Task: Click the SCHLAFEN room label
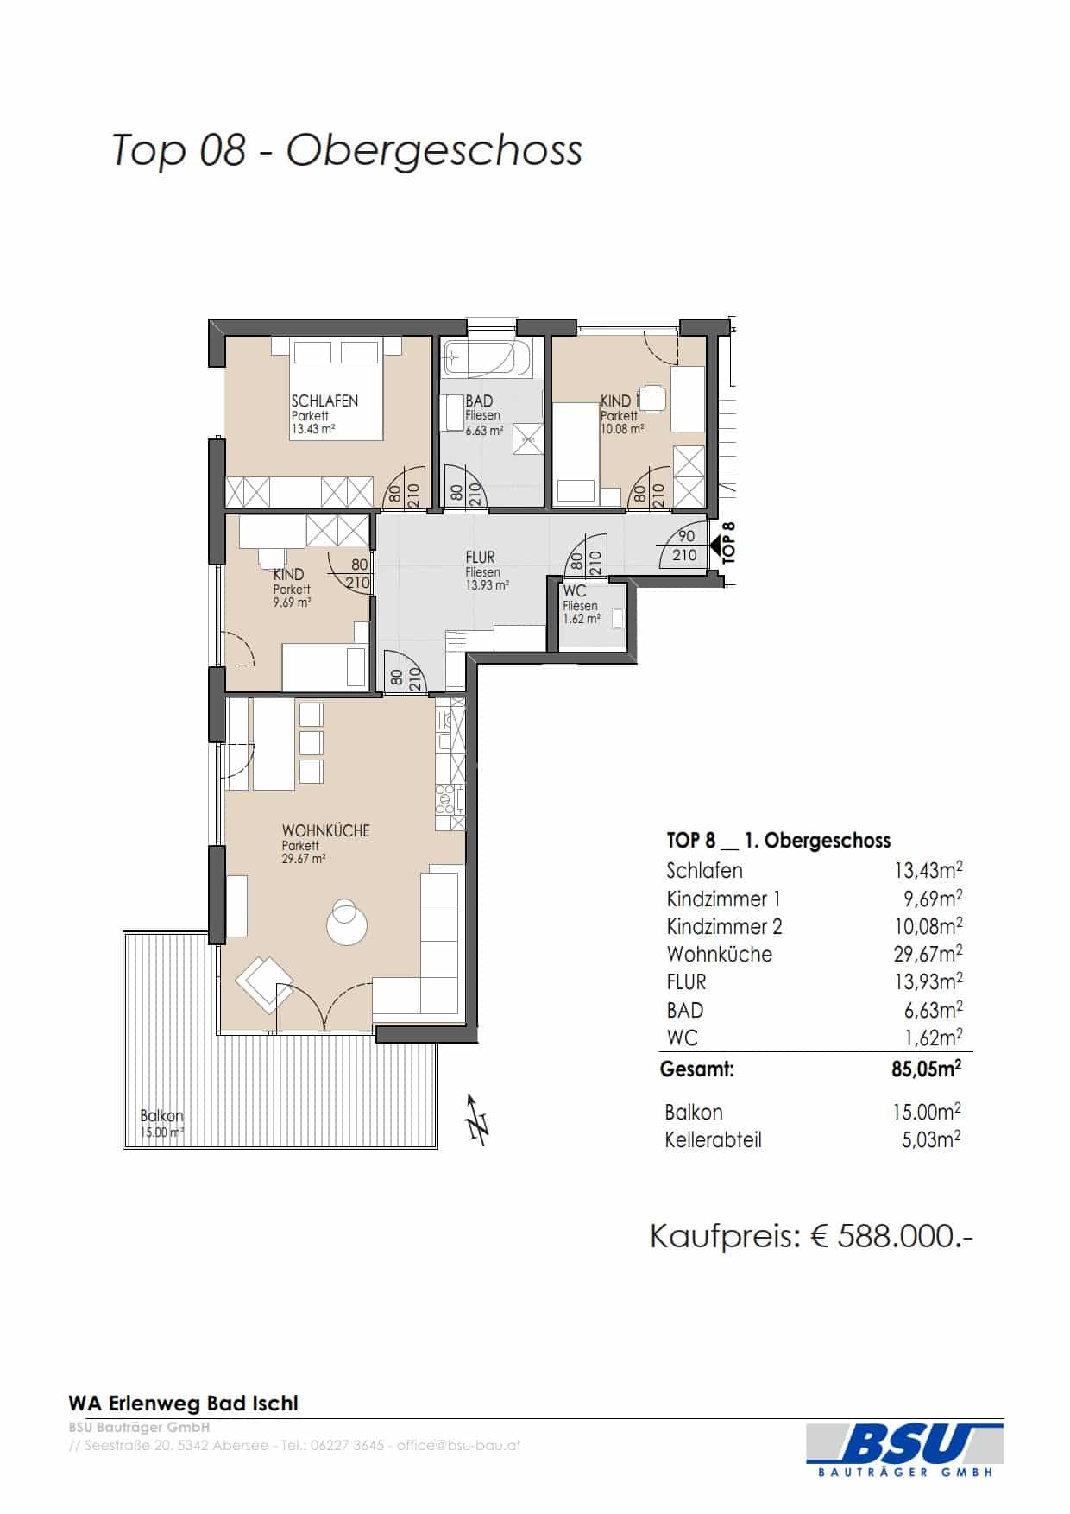(x=324, y=401)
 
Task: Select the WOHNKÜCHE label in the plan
(x=325, y=830)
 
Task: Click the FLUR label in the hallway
(x=480, y=558)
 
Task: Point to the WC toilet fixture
(x=618, y=619)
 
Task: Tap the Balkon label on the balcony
(x=162, y=1116)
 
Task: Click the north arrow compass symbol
(x=476, y=1120)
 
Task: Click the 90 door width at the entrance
(x=686, y=536)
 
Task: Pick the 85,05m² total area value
(x=927, y=1069)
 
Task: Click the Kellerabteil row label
(x=714, y=1140)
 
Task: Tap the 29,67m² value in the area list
(x=928, y=954)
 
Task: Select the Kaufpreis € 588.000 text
(x=812, y=1236)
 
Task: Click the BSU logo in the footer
(x=905, y=1450)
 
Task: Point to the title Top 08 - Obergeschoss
(x=347, y=149)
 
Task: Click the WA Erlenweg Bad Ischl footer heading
(x=183, y=1404)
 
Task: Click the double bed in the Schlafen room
(x=336, y=388)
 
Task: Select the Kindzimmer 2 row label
(x=724, y=927)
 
